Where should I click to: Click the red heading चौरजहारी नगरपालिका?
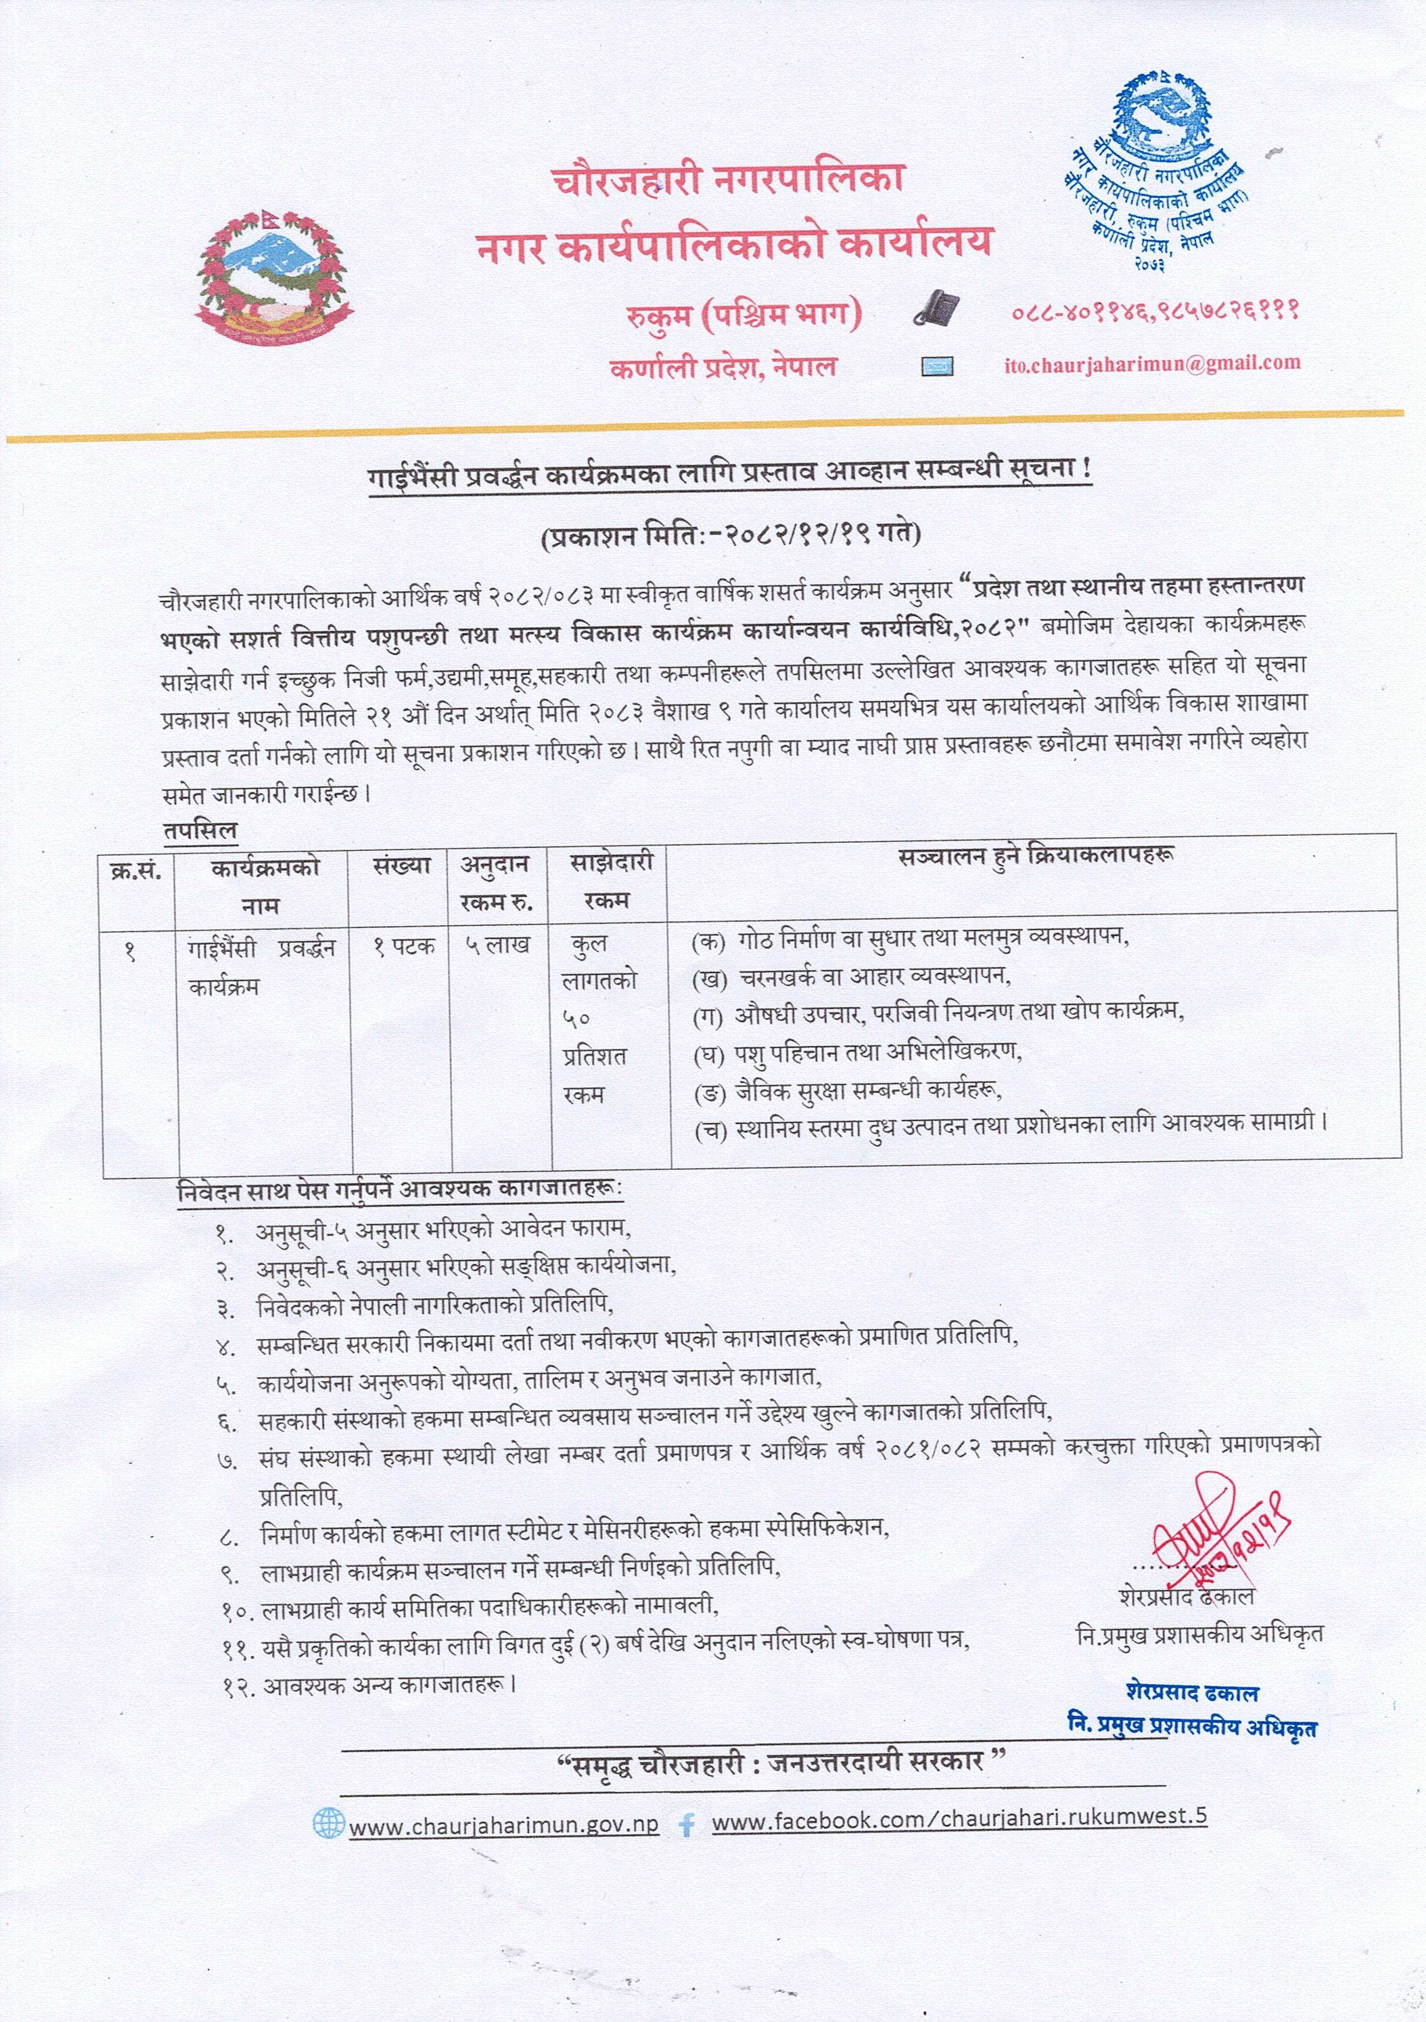[729, 181]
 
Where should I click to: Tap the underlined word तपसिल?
[200, 830]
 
